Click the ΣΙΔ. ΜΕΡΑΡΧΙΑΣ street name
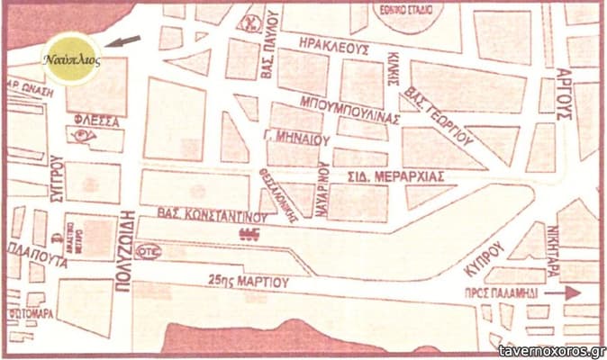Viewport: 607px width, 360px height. click(395, 176)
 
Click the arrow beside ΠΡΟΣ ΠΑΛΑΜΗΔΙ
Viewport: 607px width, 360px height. click(564, 292)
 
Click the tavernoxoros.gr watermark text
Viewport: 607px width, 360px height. click(551, 350)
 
